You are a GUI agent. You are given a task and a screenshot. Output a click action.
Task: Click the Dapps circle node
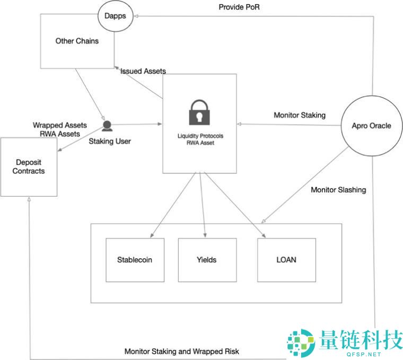[x=115, y=16]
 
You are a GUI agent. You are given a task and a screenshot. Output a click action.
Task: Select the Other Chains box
[x=77, y=41]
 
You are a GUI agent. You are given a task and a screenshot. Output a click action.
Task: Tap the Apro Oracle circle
[x=371, y=126]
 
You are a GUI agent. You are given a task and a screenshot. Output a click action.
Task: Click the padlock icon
[x=200, y=111]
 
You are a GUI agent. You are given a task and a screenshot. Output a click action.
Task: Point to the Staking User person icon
[x=107, y=126]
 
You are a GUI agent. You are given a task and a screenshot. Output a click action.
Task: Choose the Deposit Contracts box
[x=29, y=167]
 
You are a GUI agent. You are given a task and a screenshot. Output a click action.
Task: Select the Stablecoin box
[x=135, y=260]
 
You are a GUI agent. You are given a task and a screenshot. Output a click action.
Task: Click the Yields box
[x=207, y=260]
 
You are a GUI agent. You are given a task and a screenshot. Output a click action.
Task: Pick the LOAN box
[x=286, y=260]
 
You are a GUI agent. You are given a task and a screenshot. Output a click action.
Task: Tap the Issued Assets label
[x=143, y=71]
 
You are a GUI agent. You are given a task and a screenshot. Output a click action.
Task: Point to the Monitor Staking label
[x=300, y=115]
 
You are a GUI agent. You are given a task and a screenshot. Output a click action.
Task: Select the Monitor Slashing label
[x=338, y=189]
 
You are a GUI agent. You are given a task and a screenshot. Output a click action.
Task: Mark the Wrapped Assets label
[x=60, y=125]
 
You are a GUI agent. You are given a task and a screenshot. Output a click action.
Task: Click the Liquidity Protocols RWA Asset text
[x=200, y=139]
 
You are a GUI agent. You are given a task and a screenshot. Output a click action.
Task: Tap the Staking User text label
[x=110, y=141]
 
